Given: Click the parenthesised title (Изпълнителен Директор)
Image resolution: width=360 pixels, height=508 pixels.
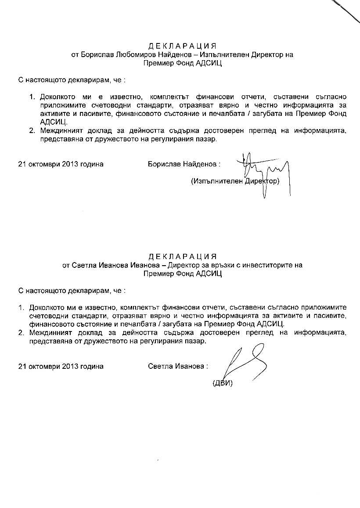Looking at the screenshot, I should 235,181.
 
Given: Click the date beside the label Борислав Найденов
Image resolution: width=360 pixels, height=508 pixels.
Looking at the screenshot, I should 61,164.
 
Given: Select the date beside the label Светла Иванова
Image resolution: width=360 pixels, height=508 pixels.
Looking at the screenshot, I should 61,366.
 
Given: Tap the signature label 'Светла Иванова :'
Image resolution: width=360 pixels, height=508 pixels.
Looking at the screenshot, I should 178,366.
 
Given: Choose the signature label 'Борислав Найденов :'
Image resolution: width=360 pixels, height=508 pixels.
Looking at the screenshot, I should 184,164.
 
